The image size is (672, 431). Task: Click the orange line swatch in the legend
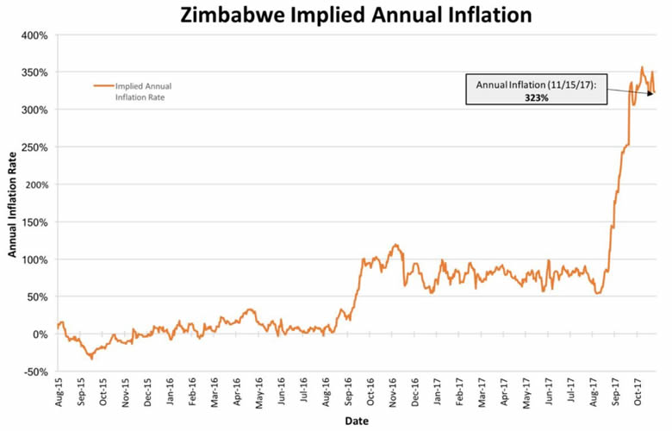[x=103, y=86]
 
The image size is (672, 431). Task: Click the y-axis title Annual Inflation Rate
[x=13, y=203]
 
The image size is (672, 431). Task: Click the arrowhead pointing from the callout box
[x=651, y=91]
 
